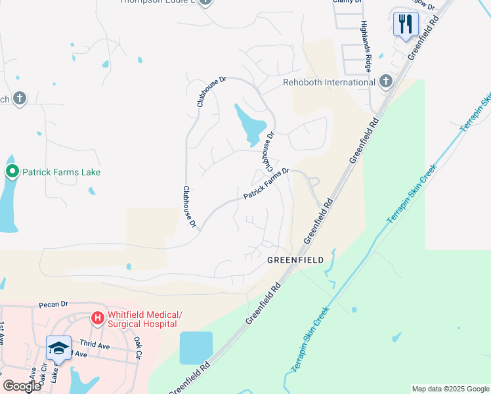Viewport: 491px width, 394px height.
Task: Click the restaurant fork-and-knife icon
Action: click(x=406, y=24)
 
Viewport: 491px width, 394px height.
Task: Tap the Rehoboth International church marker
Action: click(x=386, y=81)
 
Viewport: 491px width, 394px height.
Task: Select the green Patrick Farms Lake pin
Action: click(x=12, y=172)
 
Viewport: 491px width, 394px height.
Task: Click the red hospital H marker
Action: click(x=98, y=318)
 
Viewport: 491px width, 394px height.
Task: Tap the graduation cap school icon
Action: click(x=58, y=347)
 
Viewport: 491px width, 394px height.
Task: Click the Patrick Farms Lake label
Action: click(x=62, y=172)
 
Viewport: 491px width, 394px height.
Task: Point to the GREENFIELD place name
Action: click(x=295, y=260)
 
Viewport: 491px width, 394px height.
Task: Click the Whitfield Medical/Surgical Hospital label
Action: click(x=143, y=319)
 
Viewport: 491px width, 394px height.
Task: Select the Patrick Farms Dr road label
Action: click(x=267, y=184)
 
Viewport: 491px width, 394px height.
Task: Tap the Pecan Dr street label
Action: click(x=54, y=305)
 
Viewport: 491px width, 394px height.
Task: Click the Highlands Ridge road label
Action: click(x=368, y=45)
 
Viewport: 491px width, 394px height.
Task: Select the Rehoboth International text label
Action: click(x=329, y=82)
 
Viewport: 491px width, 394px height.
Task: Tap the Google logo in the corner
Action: click(x=22, y=385)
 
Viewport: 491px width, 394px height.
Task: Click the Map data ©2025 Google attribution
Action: click(x=450, y=389)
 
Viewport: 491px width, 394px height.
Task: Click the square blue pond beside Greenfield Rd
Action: click(x=196, y=347)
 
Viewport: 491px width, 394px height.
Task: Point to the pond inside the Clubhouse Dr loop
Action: click(x=251, y=124)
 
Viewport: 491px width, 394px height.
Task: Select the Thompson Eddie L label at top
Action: click(x=158, y=2)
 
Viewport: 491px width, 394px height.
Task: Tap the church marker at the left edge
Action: click(x=20, y=98)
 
